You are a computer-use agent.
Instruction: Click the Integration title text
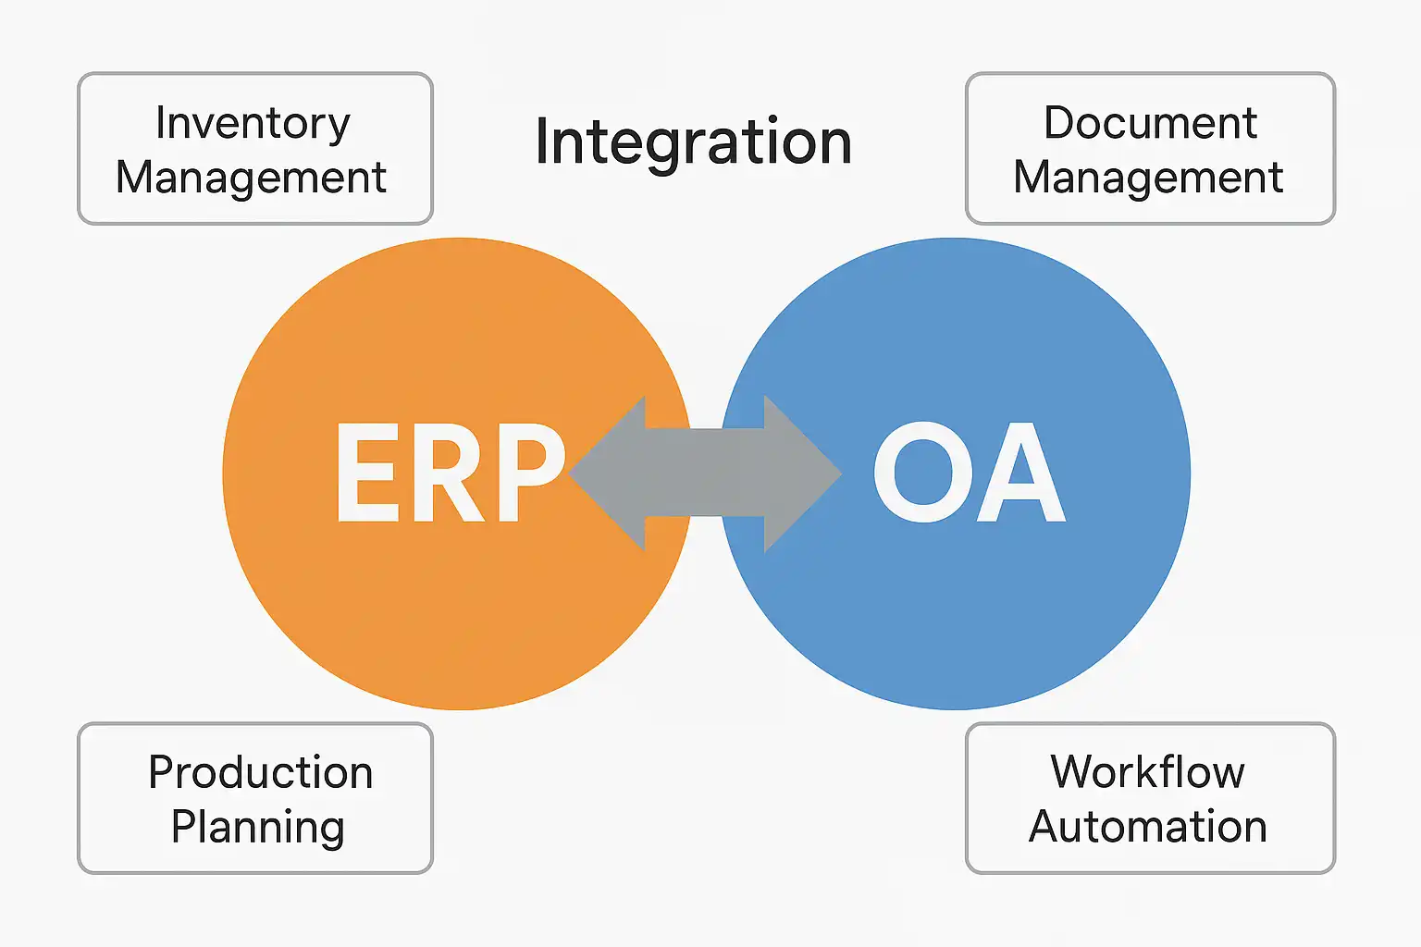coord(693,141)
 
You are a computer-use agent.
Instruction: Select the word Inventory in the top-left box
coord(253,123)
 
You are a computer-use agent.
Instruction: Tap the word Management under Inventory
coord(251,177)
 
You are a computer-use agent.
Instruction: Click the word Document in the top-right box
coord(1150,123)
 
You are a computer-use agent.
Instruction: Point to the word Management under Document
coord(1148,177)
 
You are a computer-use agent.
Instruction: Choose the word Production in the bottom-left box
coord(260,772)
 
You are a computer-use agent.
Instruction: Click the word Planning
coord(257,827)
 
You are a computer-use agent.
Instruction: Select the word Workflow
coord(1147,772)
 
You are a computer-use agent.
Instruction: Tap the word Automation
coord(1147,826)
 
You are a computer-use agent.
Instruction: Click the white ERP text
coord(450,473)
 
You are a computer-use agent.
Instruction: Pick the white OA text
coord(969,473)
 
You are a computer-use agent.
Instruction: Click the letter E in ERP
coord(367,473)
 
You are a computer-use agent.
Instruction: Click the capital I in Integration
coord(542,141)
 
